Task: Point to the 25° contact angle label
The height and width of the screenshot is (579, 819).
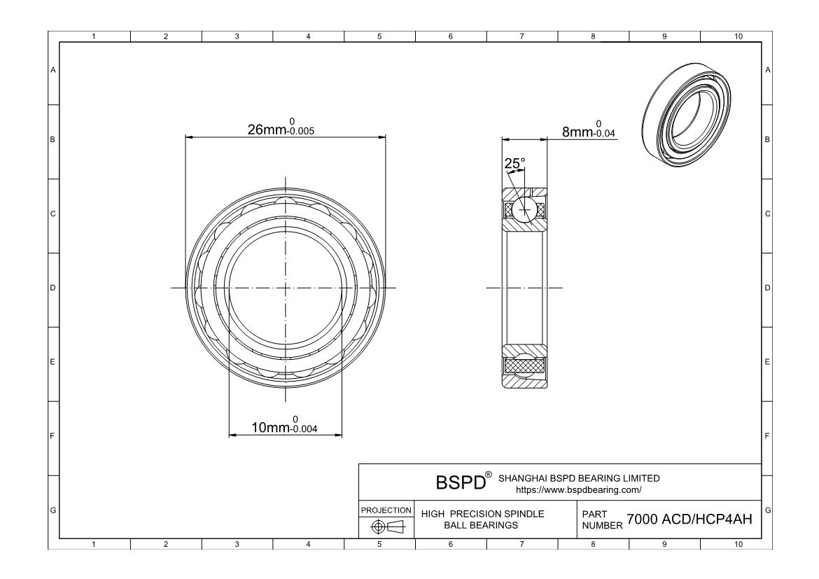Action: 514,164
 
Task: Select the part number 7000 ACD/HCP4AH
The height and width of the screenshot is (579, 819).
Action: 689,519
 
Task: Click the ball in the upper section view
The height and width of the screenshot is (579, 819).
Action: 524,209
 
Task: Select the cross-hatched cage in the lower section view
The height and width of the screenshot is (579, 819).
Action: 524,365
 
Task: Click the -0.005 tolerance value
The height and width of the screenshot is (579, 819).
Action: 297,131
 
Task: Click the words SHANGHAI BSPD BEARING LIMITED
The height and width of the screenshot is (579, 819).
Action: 578,478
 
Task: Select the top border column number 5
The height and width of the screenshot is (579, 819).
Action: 379,36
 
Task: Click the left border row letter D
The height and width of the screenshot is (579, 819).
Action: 52,288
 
